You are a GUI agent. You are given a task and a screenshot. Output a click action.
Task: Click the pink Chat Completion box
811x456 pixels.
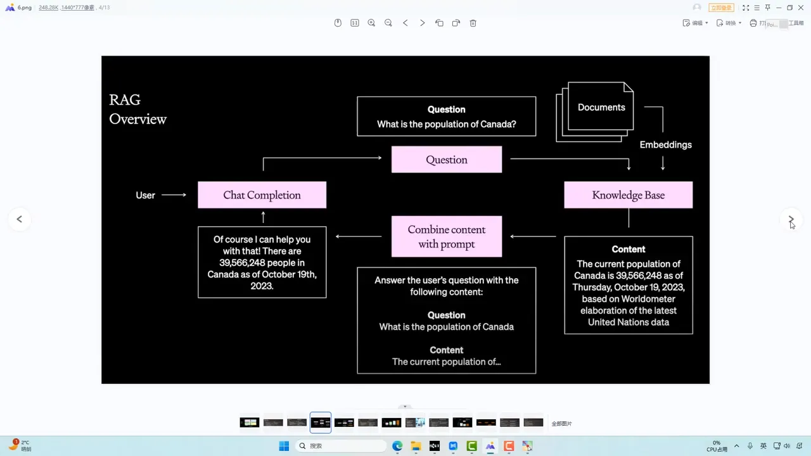[x=262, y=195]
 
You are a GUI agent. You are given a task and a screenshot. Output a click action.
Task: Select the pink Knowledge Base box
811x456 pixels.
[x=628, y=195]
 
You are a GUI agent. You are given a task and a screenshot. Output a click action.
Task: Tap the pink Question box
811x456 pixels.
[x=446, y=160]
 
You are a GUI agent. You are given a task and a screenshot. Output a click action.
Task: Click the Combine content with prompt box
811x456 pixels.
[x=446, y=237]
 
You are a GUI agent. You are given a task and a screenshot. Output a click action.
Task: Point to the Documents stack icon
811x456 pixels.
[x=596, y=110]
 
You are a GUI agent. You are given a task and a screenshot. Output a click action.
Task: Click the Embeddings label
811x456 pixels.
[x=665, y=145]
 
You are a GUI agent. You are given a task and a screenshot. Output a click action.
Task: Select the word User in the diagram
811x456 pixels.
[x=145, y=195]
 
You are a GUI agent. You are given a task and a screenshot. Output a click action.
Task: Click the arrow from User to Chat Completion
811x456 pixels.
[x=174, y=195]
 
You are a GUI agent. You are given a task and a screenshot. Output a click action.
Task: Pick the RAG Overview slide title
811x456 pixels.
[x=137, y=110]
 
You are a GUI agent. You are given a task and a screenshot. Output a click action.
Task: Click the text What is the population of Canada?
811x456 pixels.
[x=446, y=124]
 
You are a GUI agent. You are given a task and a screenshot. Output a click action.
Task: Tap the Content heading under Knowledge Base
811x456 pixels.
[x=628, y=250]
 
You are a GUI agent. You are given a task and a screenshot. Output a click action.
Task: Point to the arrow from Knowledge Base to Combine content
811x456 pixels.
[x=533, y=237]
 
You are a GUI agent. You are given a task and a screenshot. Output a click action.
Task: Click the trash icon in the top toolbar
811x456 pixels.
[x=473, y=23]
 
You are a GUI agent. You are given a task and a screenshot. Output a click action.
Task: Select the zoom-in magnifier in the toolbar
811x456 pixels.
[x=371, y=23]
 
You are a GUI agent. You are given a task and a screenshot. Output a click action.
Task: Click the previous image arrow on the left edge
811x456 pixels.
[x=19, y=219]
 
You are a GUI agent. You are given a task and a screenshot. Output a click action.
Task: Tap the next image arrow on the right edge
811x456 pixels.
[x=791, y=219]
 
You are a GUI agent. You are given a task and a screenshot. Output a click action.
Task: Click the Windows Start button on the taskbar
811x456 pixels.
[x=284, y=446]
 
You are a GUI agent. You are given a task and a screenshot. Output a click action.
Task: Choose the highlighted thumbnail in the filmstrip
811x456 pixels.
[x=321, y=422]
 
